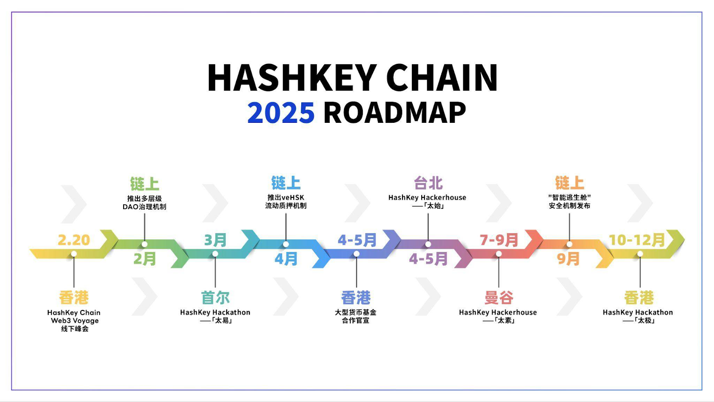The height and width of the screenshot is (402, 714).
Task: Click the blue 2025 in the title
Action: click(x=281, y=113)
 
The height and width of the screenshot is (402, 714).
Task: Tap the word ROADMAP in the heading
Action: click(x=394, y=113)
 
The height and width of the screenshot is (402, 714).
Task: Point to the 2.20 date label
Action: click(x=74, y=240)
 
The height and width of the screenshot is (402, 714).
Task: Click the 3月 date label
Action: click(x=215, y=240)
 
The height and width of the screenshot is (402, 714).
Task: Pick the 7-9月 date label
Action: click(x=498, y=240)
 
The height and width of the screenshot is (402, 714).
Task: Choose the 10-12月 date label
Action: click(x=637, y=240)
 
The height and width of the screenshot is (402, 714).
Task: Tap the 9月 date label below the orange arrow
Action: click(x=568, y=259)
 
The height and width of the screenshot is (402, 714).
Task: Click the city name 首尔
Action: click(x=215, y=297)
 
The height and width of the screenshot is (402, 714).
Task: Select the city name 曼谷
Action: click(x=498, y=297)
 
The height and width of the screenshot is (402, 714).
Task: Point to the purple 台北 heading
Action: click(x=428, y=183)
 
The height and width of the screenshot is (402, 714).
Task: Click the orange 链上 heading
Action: click(x=569, y=183)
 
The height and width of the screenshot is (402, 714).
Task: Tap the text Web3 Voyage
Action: click(x=75, y=321)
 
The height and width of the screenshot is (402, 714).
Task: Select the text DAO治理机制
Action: click(x=144, y=207)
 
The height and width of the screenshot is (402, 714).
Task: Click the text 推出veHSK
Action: click(x=286, y=197)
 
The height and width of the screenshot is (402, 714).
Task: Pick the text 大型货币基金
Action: click(x=356, y=312)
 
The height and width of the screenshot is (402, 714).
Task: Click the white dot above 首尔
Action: click(x=215, y=254)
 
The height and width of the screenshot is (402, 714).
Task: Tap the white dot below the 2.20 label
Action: click(x=74, y=254)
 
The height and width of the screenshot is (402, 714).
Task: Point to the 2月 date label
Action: click(x=145, y=259)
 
